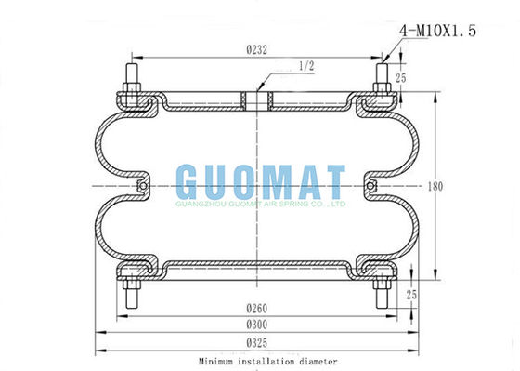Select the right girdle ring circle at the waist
[x=372, y=187]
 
